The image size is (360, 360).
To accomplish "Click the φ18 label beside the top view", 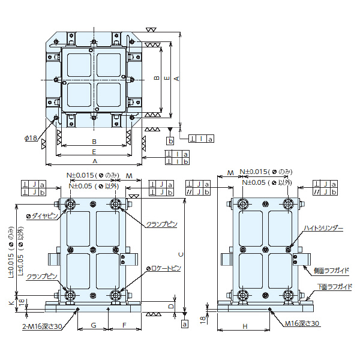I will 31,138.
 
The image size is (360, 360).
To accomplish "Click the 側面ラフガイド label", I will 331,271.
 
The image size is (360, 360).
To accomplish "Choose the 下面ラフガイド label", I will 334,287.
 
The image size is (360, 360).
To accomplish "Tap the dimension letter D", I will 170,306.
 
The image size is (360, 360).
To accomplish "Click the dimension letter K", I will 11,303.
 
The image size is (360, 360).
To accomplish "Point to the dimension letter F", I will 123,325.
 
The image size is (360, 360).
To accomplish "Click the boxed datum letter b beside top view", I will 170,141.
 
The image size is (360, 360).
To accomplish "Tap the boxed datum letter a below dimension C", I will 184,323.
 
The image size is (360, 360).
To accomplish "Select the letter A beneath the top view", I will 94,161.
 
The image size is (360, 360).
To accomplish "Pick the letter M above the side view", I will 231,173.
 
